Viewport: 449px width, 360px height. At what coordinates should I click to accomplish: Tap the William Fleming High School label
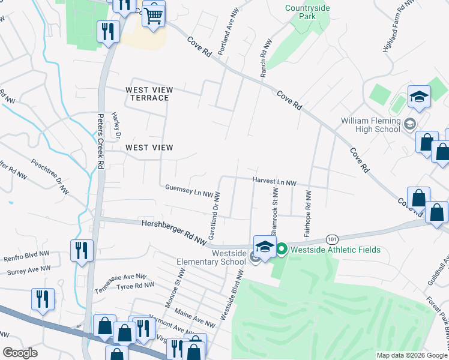click(370, 125)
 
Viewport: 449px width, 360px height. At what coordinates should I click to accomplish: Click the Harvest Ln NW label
click(275, 182)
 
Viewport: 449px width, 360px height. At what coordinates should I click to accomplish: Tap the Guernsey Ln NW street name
click(190, 191)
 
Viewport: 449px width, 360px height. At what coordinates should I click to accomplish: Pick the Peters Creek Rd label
click(101, 141)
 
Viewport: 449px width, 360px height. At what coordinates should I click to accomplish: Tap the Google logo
click(20, 352)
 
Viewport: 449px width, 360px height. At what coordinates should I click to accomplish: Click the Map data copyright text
click(412, 355)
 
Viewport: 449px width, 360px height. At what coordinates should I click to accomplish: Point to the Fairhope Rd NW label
click(307, 212)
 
